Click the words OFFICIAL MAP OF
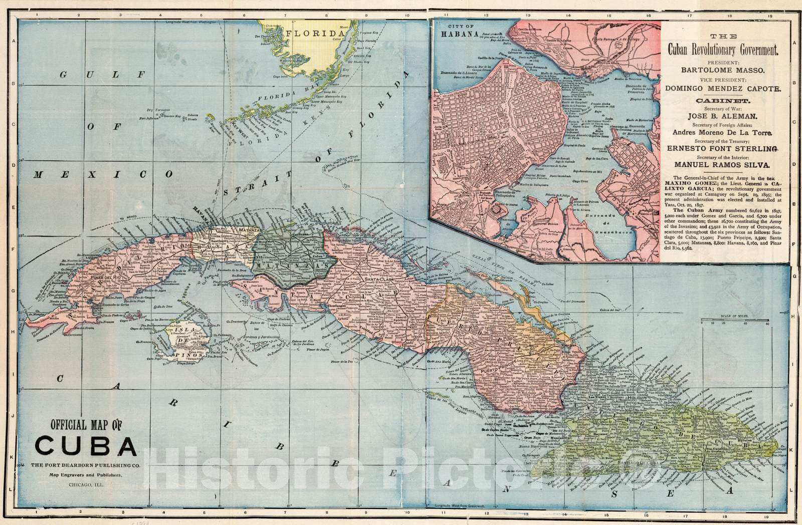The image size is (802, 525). click(x=86, y=426)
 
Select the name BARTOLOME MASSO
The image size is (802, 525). click(x=723, y=70)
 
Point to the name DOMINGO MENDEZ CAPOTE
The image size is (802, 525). click(x=723, y=88)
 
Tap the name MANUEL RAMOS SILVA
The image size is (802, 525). click(x=723, y=164)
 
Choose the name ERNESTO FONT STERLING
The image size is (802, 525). click(x=723, y=148)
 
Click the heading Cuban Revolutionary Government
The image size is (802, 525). click(x=723, y=50)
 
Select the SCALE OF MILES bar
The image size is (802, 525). click(x=735, y=321)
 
